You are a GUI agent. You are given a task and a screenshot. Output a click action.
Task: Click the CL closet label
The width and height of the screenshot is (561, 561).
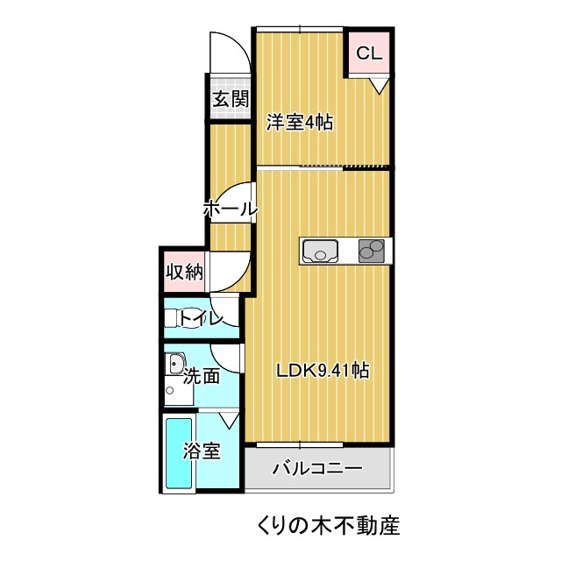point(368,53)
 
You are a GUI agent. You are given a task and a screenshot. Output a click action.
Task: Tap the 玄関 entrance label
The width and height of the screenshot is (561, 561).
point(230,99)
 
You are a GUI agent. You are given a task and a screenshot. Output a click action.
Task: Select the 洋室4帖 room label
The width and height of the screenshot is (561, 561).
point(299,123)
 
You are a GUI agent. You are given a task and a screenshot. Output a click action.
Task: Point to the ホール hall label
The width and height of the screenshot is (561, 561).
point(230,209)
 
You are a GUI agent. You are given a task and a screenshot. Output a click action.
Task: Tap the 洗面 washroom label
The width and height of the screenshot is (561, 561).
point(202,377)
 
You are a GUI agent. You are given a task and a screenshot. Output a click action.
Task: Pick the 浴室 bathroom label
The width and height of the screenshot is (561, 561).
point(202,451)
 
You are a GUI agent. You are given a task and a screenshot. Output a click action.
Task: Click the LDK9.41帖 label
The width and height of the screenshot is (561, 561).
point(322,371)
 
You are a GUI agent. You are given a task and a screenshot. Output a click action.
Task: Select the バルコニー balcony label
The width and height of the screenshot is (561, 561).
point(316,468)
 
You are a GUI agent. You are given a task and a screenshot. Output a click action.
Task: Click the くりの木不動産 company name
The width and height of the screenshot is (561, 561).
point(329,527)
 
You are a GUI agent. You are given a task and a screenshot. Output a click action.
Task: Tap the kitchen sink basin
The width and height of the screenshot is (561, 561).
point(321,252)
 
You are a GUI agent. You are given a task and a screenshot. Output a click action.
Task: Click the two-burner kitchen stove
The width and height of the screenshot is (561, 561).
point(372,252)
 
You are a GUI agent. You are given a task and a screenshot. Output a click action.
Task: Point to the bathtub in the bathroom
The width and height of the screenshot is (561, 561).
point(179,456)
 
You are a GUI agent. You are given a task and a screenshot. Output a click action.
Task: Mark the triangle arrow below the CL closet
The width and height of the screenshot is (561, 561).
point(378,85)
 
